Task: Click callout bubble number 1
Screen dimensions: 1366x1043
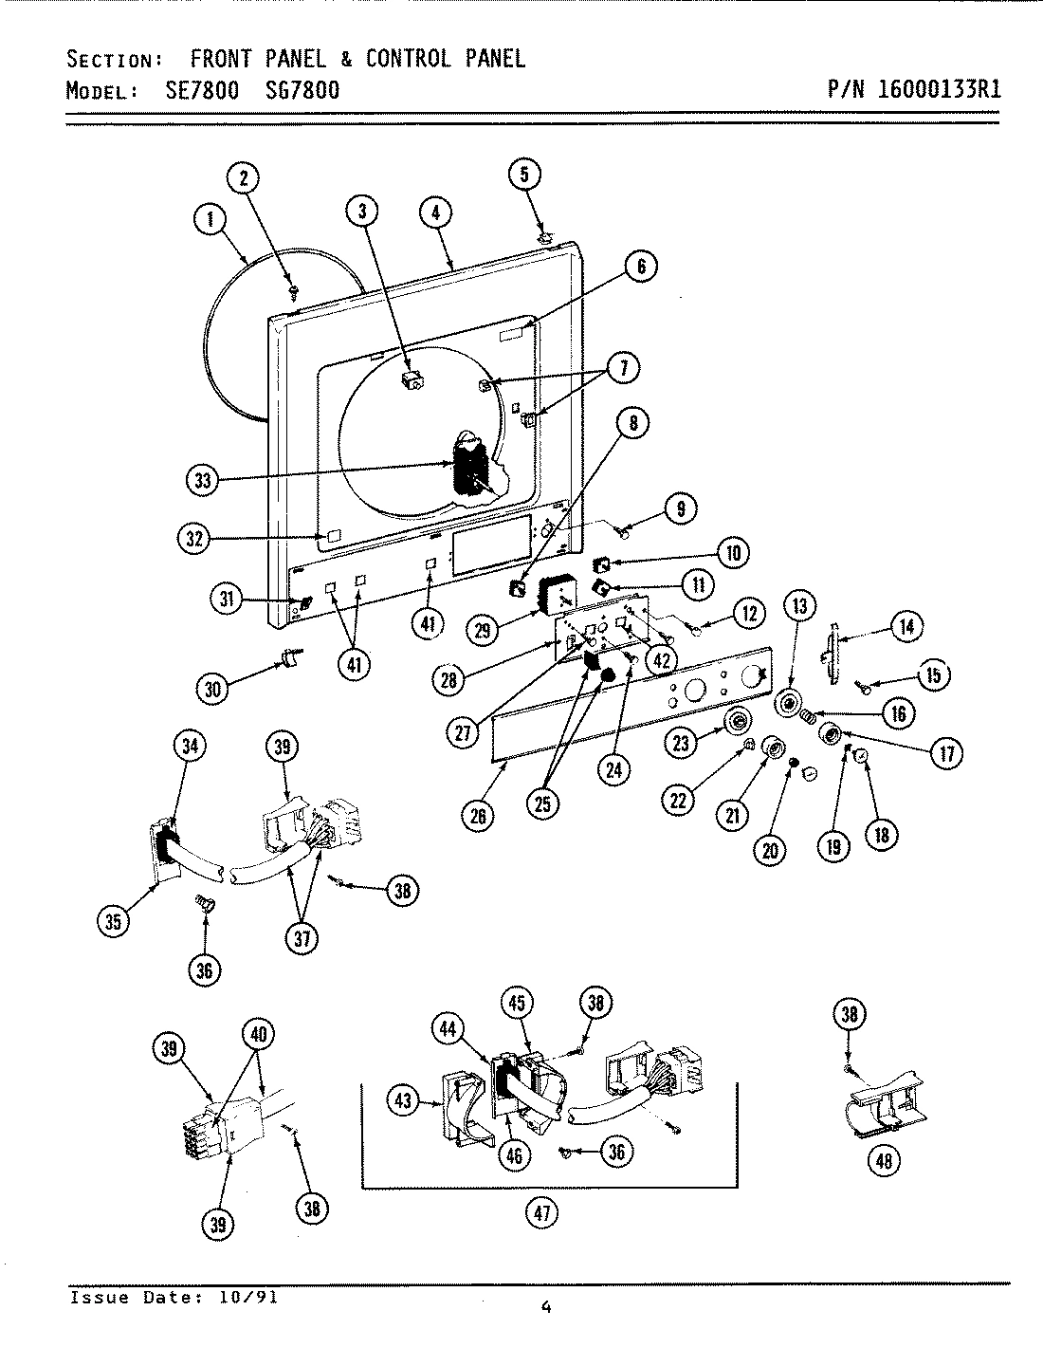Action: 210,220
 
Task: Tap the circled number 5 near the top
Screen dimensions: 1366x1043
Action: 525,174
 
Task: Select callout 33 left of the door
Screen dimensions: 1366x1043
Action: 202,480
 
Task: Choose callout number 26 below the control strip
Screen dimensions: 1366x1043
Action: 479,816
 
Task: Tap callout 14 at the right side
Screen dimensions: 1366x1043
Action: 907,625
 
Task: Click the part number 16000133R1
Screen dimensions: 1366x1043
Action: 939,91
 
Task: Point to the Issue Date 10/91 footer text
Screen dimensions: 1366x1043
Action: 174,1298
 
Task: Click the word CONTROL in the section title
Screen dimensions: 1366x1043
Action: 408,59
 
